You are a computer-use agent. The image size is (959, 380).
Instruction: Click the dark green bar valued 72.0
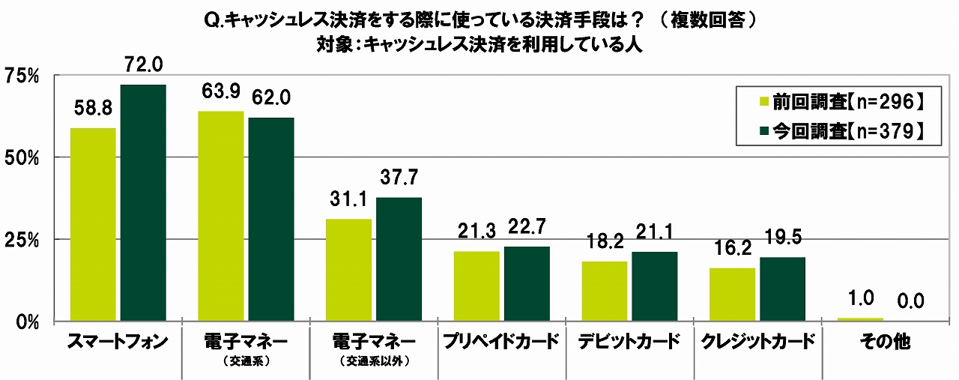point(143,202)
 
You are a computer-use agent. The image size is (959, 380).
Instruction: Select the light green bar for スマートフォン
point(93,224)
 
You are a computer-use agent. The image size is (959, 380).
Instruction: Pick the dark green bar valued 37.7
point(399,259)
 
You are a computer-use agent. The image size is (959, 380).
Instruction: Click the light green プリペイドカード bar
point(477,286)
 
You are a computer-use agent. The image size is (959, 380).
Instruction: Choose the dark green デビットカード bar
point(654,286)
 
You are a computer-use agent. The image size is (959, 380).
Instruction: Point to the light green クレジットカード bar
point(732,294)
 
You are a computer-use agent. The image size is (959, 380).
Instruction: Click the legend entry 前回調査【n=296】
point(838,100)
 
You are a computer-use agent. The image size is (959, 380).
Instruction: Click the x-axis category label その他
point(886,343)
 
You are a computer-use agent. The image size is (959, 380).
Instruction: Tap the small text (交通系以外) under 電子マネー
point(374,360)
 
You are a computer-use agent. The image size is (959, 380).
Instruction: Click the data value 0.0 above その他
point(910,302)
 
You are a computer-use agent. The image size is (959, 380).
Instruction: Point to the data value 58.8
point(93,109)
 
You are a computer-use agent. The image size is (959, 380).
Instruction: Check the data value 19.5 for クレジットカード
point(782,239)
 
